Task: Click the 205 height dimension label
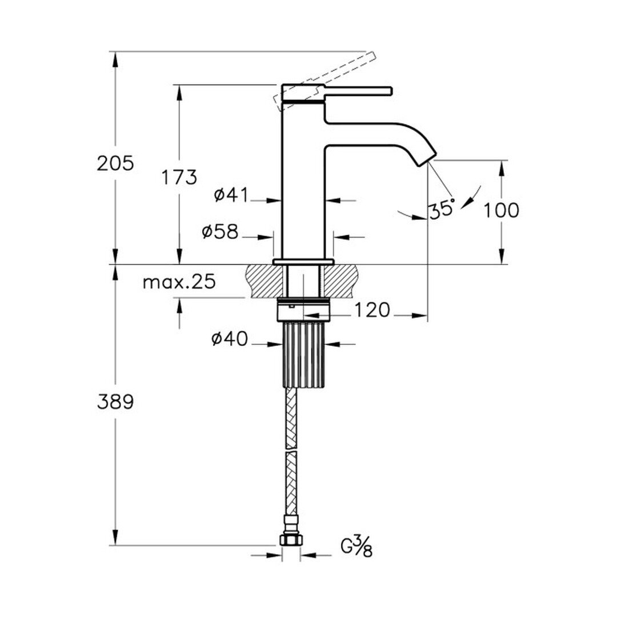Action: [115, 163]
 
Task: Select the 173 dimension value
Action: [179, 178]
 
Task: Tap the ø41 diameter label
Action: [231, 195]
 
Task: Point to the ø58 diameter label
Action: [220, 232]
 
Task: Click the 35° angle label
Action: [442, 209]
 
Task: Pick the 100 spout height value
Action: [501, 210]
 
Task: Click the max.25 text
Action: [179, 282]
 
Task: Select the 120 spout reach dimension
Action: [372, 310]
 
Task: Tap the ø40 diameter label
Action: [230, 339]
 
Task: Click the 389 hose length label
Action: [115, 402]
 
